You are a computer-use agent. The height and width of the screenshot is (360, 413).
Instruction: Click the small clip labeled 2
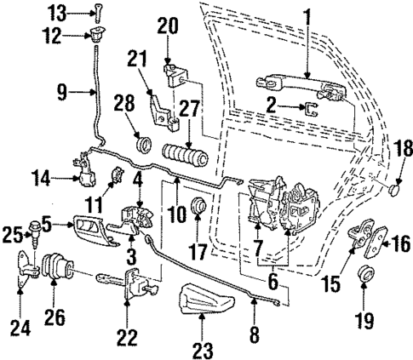point(312,108)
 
